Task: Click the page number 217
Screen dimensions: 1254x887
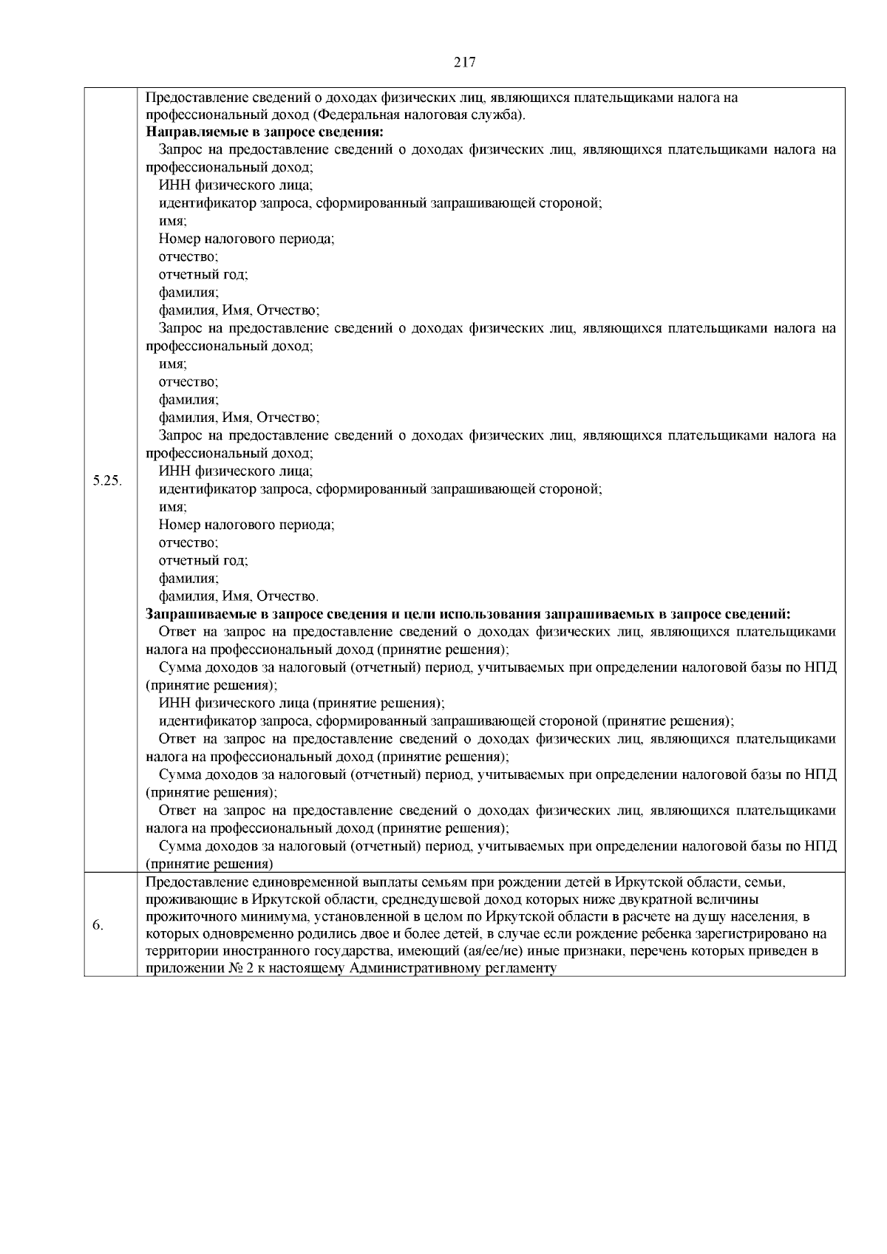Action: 463,63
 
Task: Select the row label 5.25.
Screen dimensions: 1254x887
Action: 108,481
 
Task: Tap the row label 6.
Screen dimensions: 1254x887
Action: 98,926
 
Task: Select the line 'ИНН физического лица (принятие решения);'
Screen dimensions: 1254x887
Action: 301,703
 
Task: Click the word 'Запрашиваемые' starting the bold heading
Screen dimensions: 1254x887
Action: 191,614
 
